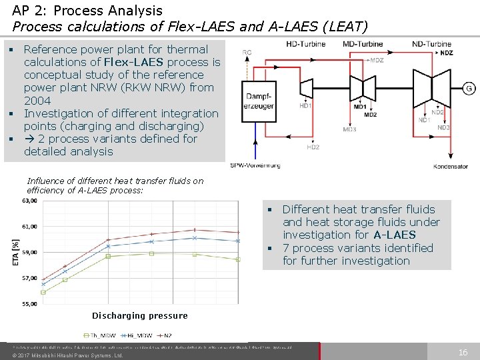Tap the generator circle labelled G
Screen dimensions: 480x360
click(469, 89)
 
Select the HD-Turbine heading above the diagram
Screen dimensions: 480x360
click(305, 44)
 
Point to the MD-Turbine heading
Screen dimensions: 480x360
click(363, 44)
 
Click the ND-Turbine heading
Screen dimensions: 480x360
click(432, 44)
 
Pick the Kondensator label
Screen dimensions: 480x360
click(450, 166)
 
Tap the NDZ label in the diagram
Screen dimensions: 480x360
click(447, 53)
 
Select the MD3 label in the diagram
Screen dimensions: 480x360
click(349, 129)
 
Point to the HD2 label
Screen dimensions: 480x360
click(313, 147)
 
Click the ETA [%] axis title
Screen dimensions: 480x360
click(15, 253)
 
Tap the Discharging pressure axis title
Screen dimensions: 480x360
click(139, 315)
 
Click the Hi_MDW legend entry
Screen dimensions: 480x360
click(137, 335)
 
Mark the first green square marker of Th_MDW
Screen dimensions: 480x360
click(43, 292)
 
